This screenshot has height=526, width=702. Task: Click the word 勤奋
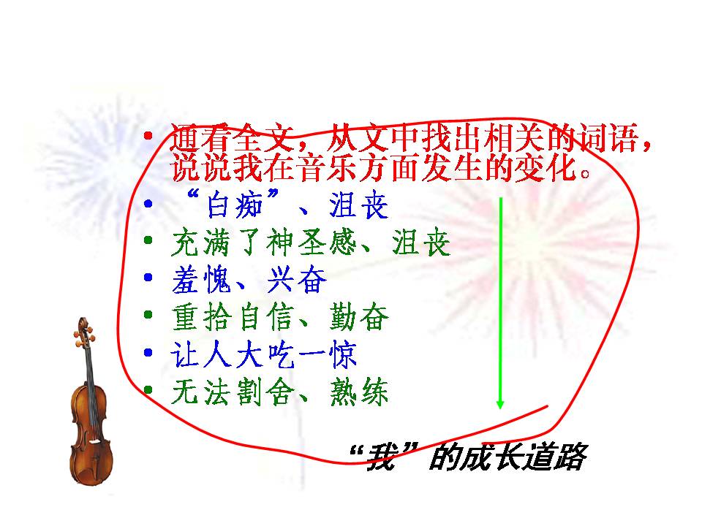[358, 318]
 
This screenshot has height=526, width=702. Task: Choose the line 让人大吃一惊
[263, 356]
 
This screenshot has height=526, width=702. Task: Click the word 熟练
[358, 393]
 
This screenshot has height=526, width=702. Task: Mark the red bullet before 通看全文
[148, 137]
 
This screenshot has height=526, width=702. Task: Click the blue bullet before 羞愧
[148, 278]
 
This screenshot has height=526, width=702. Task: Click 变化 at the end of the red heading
[550, 170]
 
